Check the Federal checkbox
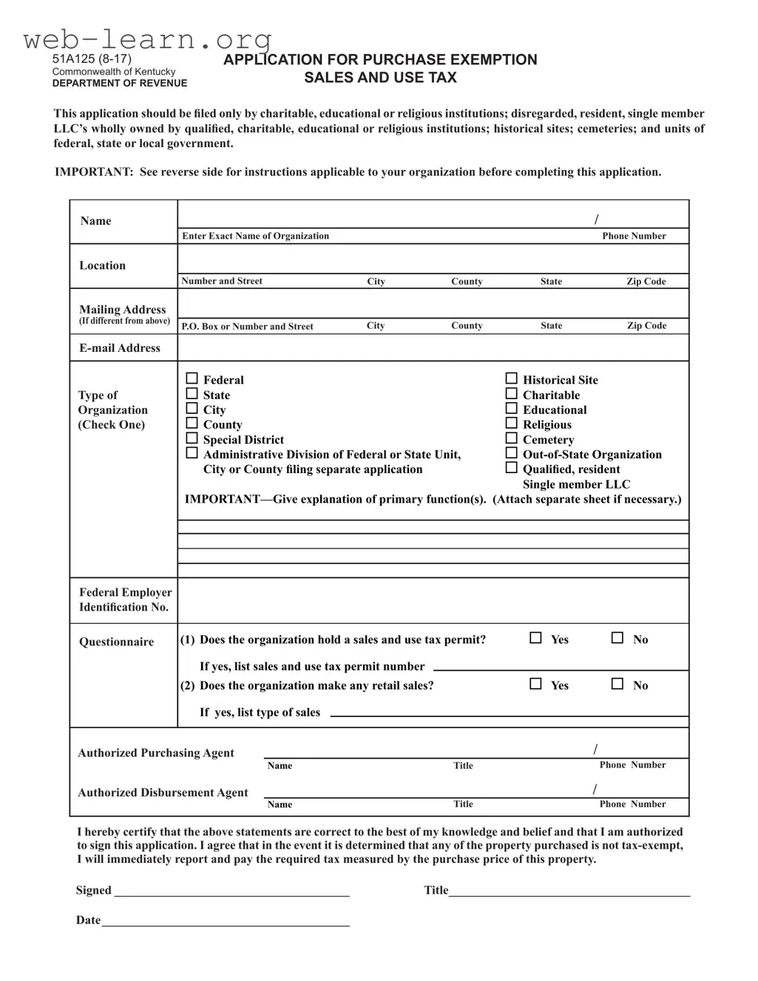point(192,379)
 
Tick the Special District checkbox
point(192,438)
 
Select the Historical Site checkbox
point(511,379)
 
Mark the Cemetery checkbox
point(511,438)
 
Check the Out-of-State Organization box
point(511,453)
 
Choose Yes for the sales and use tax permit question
point(536,638)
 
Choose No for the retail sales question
point(617,684)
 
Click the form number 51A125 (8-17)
point(92,59)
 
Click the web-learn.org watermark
point(148,38)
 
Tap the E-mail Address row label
point(120,348)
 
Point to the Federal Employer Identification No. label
point(125,600)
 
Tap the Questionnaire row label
point(117,642)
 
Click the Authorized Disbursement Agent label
point(163,792)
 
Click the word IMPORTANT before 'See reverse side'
point(93,172)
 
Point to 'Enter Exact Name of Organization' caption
point(255,237)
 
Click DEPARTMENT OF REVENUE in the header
point(120,84)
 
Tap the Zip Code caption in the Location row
point(646,282)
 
